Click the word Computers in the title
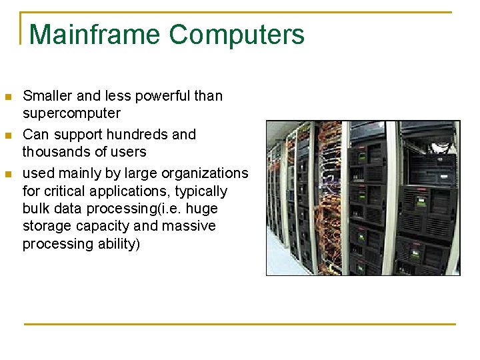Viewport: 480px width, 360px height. [x=237, y=34]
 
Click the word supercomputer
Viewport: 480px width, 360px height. [x=71, y=113]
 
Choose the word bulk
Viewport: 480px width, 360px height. [x=36, y=209]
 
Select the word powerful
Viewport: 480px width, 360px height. [x=164, y=96]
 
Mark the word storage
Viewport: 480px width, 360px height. [x=45, y=226]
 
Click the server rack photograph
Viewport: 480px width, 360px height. [x=363, y=197]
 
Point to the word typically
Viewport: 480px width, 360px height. [x=199, y=191]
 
